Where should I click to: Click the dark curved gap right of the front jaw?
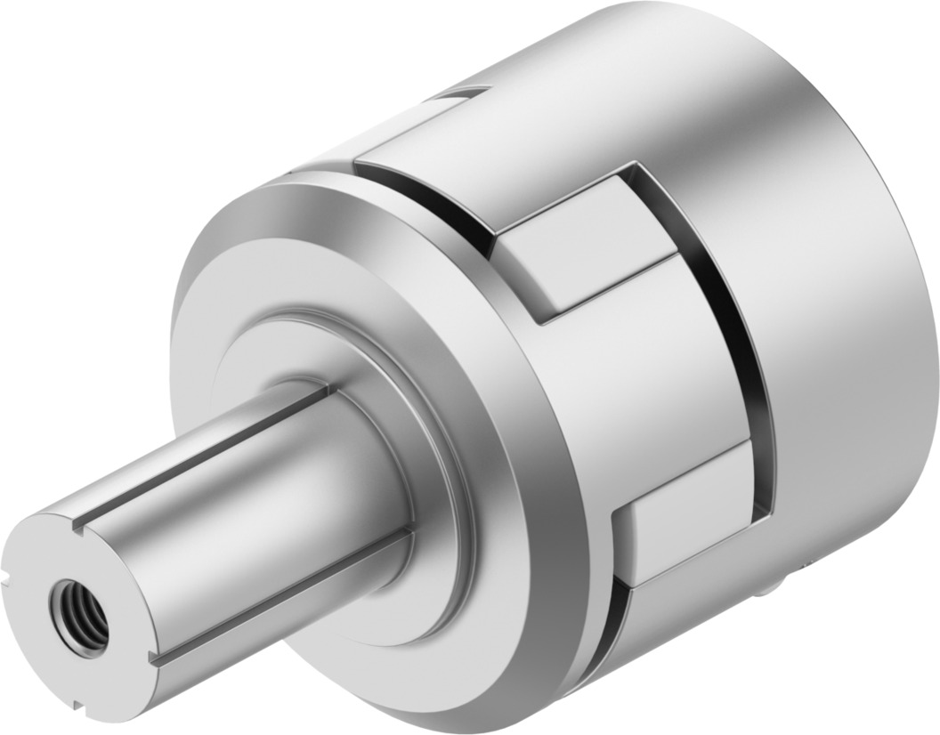coord(748,356)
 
